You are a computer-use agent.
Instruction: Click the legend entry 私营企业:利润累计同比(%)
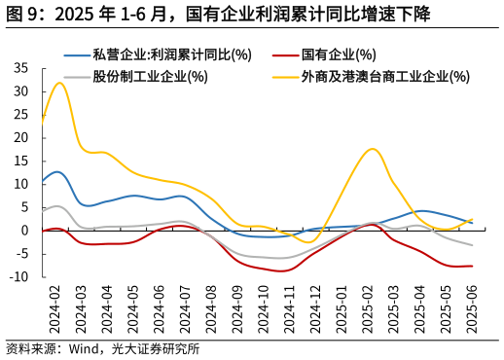[171, 54]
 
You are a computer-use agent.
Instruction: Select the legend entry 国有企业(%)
[338, 54]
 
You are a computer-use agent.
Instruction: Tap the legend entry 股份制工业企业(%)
[150, 76]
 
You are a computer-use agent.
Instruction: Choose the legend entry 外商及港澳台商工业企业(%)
[385, 76]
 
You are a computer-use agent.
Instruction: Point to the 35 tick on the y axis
[21, 68]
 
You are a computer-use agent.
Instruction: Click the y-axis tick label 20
[21, 137]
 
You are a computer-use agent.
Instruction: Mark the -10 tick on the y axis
[19, 277]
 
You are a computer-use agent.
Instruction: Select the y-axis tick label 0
[25, 231]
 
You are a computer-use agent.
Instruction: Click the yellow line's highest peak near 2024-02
[59, 83]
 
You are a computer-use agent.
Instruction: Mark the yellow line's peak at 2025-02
[372, 149]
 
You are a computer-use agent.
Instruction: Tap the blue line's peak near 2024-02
[57, 171]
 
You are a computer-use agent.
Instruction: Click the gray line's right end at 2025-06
[473, 245]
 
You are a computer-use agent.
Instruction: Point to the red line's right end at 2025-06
[473, 266]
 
